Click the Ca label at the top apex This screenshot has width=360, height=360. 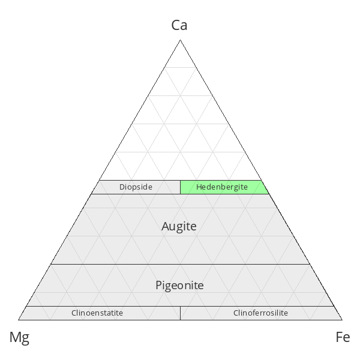[x=179, y=25]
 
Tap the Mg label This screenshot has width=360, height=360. [x=19, y=337]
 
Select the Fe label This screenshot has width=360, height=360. [x=343, y=337]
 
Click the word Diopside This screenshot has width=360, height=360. [x=136, y=187]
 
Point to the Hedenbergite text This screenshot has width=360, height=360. [x=222, y=187]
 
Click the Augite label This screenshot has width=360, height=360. [x=179, y=226]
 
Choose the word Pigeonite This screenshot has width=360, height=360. [x=179, y=286]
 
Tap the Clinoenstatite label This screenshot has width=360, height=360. [x=97, y=313]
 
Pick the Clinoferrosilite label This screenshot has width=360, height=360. [x=260, y=313]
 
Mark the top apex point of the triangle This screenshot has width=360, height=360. [x=180, y=40]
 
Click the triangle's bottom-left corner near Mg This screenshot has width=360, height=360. [x=18, y=320]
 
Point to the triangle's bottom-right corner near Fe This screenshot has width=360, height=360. [x=342, y=320]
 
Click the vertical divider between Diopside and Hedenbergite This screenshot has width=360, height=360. [x=180, y=187]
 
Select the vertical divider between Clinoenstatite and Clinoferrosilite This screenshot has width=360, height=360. [x=180, y=313]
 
